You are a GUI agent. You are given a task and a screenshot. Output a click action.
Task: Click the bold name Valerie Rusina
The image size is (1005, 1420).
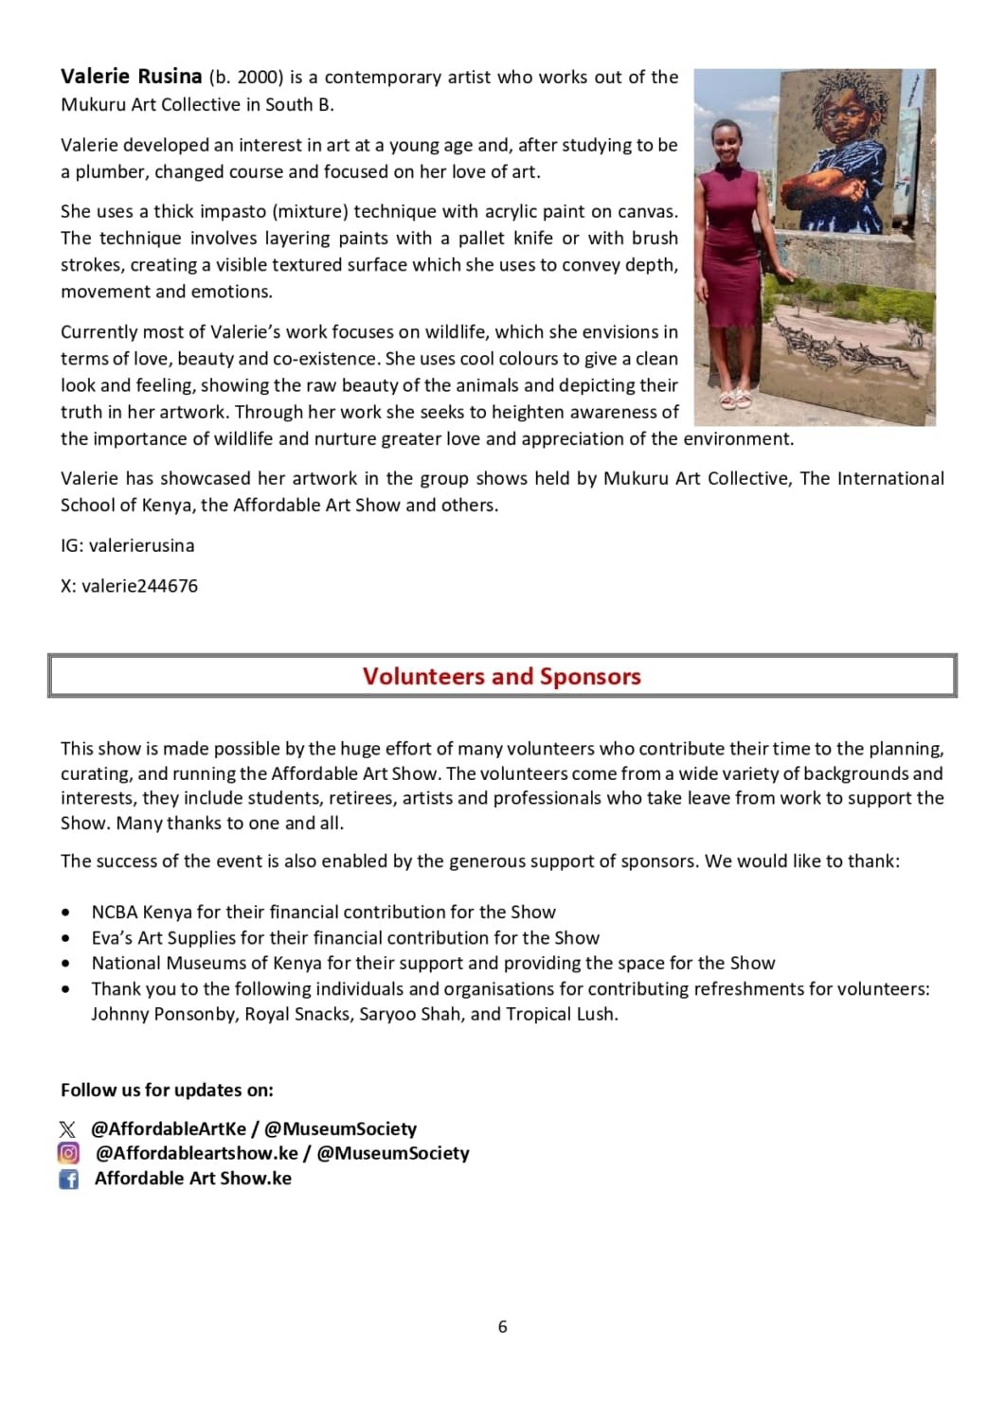[x=131, y=77]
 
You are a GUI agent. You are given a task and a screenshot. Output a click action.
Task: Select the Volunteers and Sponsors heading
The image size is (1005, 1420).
[x=501, y=676]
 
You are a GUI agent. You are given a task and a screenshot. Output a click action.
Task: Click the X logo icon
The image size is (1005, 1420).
[x=67, y=1128]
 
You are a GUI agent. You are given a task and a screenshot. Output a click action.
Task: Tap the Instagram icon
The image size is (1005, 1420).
[x=68, y=1153]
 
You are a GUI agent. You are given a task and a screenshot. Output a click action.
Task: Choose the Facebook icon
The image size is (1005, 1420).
[x=68, y=1179]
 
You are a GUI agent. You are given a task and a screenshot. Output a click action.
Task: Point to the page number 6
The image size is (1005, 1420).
[x=502, y=1326]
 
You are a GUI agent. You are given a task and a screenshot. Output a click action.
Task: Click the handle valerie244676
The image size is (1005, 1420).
[x=139, y=585]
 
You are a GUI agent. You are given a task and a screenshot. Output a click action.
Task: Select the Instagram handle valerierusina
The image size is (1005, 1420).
[x=141, y=545]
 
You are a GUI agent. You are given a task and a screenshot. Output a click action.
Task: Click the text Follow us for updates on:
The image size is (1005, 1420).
[x=167, y=1090]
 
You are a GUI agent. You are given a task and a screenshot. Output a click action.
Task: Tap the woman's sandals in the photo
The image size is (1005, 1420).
[x=735, y=399]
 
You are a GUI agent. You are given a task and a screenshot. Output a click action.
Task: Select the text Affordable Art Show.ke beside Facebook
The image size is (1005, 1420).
[x=193, y=1179]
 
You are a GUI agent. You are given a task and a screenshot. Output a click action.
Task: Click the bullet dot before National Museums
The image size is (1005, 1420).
[x=65, y=964]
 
